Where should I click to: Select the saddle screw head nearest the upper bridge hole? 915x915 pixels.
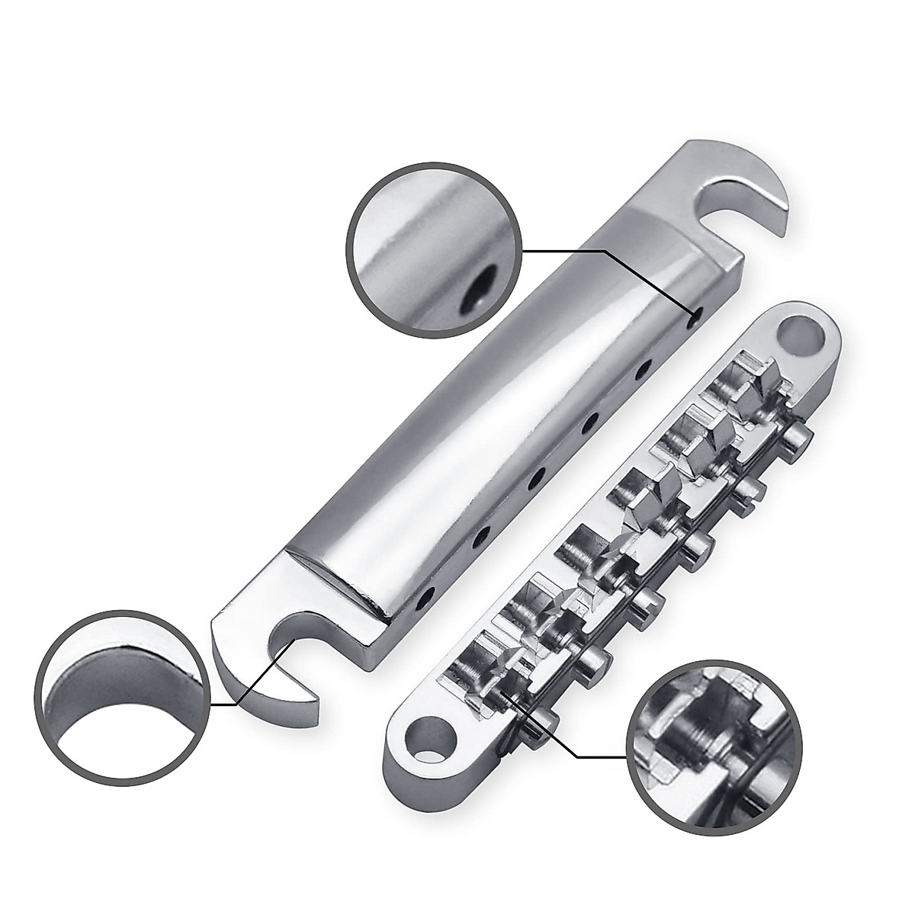(797, 438)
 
